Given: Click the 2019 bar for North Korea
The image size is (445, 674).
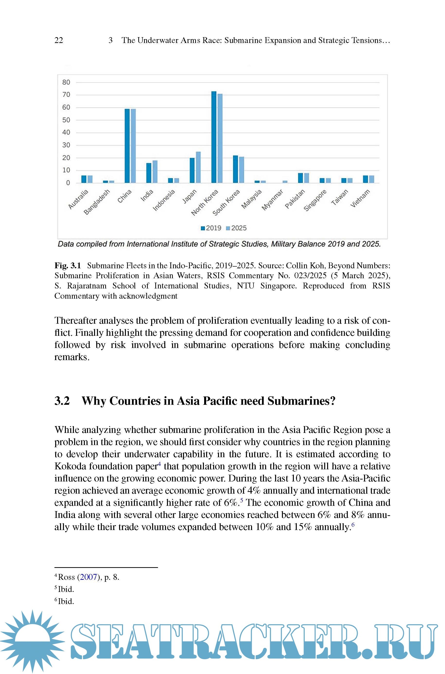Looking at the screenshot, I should point(214,137).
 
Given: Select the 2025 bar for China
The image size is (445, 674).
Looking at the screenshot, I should point(133,146).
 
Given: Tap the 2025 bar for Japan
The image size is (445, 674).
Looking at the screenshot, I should point(198,167).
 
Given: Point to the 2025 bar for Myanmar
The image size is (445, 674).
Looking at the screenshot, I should point(285,182).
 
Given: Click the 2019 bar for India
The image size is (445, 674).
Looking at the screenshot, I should point(149,173).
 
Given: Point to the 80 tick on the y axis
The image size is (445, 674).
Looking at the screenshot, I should point(66,82).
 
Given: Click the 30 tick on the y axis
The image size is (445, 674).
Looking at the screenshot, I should point(66,145).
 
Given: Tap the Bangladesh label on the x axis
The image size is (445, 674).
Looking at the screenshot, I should point(97,202).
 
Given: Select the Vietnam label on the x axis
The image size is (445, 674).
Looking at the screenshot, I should point(360,198).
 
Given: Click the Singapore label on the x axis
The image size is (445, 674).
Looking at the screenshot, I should point(315,200).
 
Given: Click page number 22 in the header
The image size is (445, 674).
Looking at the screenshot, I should point(59,40).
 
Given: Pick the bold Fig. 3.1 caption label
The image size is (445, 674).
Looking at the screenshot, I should point(68,266).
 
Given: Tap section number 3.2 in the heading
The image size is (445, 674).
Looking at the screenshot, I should point(62,401).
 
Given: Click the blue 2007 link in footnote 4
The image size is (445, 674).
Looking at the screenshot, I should point(88,577).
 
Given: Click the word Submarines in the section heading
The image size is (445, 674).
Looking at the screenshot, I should point(301,401).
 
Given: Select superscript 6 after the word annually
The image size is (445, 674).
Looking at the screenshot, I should point(353,524).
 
